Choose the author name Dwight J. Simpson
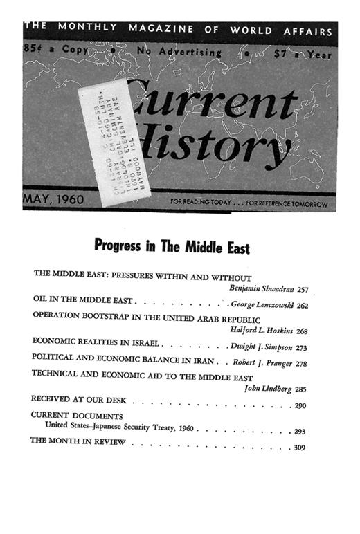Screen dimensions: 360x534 click(264, 343)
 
